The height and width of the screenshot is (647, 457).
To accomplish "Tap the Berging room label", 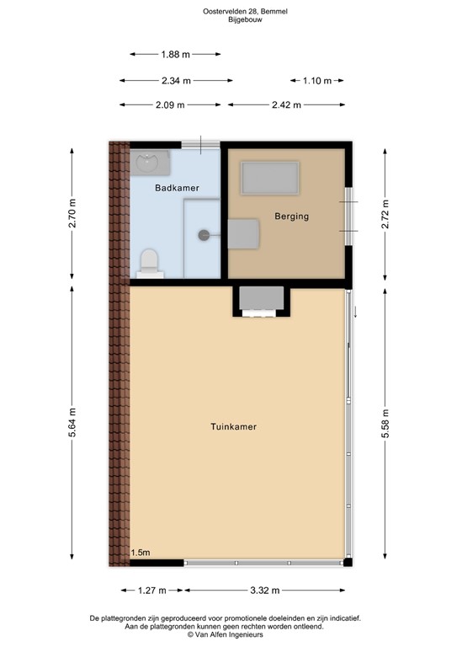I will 292,217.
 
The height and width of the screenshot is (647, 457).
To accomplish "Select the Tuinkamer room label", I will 233,427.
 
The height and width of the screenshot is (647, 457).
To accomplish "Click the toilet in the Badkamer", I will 148,262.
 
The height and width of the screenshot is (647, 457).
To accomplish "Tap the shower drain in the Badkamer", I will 204,236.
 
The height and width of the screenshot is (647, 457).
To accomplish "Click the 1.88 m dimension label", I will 175,54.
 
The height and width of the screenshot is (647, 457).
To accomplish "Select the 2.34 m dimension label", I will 176,81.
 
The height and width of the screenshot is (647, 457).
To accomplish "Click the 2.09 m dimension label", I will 171,105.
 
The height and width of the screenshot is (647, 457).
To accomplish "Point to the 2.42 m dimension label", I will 287,105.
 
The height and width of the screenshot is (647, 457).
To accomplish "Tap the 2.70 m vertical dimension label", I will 73,214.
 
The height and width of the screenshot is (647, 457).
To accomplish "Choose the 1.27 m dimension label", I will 152,591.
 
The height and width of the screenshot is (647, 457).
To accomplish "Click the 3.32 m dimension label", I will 264,591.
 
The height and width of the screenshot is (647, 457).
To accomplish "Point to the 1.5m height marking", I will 141,553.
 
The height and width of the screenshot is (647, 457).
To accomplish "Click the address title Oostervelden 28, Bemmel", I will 228,12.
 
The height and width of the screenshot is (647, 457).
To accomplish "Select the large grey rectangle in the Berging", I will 270,177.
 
